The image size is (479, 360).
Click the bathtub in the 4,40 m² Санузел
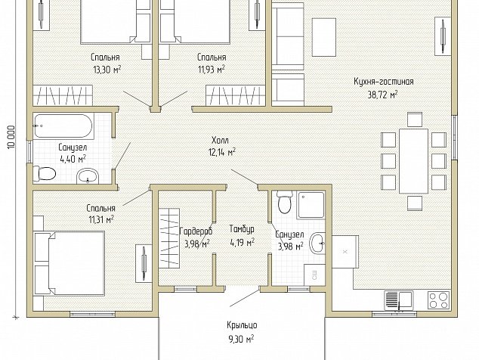tap(63, 126)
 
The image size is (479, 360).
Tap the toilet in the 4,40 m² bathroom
tap(45, 174)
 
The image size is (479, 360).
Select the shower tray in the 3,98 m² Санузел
tap(311, 205)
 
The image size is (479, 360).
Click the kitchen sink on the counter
tap(399, 299)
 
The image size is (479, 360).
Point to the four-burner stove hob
tap(439, 299)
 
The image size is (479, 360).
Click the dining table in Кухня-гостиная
tap(413, 161)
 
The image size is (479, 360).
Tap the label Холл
tap(220, 141)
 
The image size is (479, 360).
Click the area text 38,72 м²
tap(383, 95)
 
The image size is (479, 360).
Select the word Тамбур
tap(242, 229)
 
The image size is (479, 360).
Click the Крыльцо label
tap(242, 325)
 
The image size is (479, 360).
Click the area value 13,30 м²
tap(107, 70)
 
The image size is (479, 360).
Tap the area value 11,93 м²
tap(212, 70)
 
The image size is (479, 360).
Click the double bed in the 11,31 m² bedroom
tap(70, 263)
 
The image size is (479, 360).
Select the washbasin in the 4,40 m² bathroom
tap(88, 176)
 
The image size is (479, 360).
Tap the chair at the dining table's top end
tap(415, 119)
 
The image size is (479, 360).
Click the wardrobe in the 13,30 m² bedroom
tap(63, 95)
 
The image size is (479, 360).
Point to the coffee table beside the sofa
tap(324, 37)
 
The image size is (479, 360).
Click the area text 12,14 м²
tap(222, 152)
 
